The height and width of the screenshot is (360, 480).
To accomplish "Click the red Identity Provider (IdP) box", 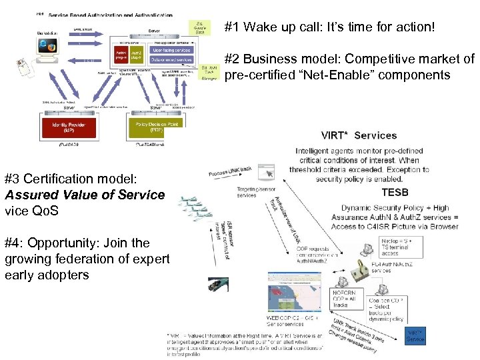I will click(x=65, y=127).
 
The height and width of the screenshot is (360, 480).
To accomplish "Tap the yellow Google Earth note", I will click(x=199, y=27).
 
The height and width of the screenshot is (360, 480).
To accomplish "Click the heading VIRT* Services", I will click(x=359, y=135).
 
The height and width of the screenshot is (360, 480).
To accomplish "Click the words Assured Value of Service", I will click(x=85, y=195).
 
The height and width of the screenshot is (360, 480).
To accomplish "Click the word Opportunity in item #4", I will click(x=61, y=243).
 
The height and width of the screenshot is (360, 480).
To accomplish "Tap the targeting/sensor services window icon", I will click(x=265, y=172).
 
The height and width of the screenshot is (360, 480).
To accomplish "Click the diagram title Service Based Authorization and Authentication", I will click(x=111, y=15).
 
